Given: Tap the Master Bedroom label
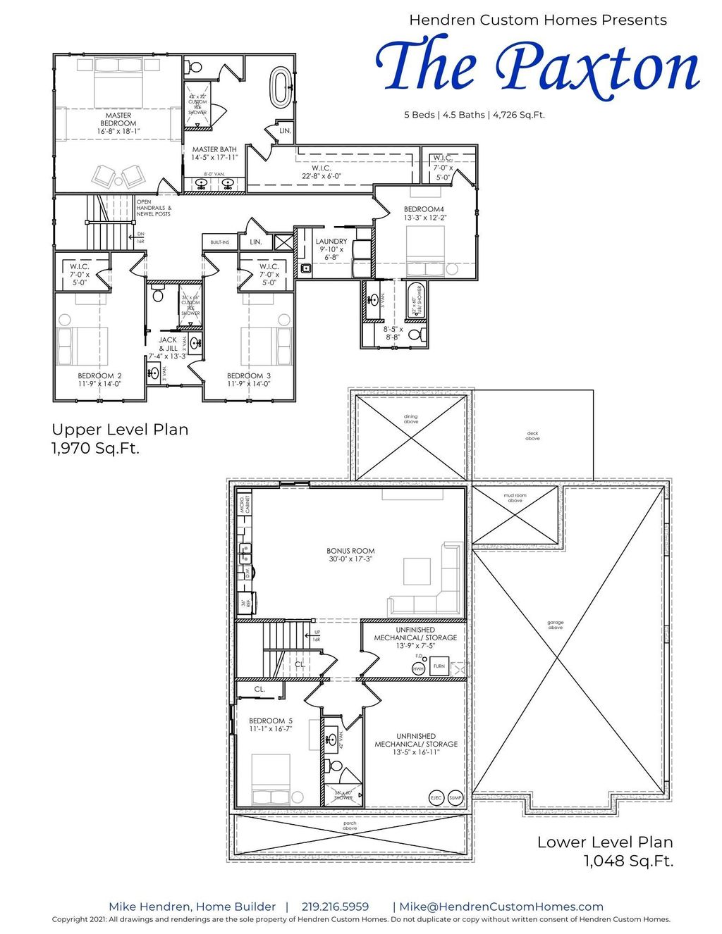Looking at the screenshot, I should coord(118,119).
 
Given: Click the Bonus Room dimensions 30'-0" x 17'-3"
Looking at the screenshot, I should coord(350,559).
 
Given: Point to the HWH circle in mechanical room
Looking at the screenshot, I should coord(419,668).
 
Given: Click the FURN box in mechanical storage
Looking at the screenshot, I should coord(439,666).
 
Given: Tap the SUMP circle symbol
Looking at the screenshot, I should coord(455,797).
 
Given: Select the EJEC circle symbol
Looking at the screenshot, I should coord(436,797).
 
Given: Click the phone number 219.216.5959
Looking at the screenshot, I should coord(335,907).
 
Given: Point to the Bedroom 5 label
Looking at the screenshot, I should coord(270,721).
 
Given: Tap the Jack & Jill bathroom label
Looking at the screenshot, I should coord(168,344).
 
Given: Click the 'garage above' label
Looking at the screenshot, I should coord(556,625).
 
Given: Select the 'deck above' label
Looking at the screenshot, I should coord(532,436).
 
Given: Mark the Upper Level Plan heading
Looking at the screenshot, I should coord(120,429).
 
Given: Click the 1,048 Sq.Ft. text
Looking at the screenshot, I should coord(628,860).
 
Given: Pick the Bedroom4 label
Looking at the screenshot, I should coord(424,209).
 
